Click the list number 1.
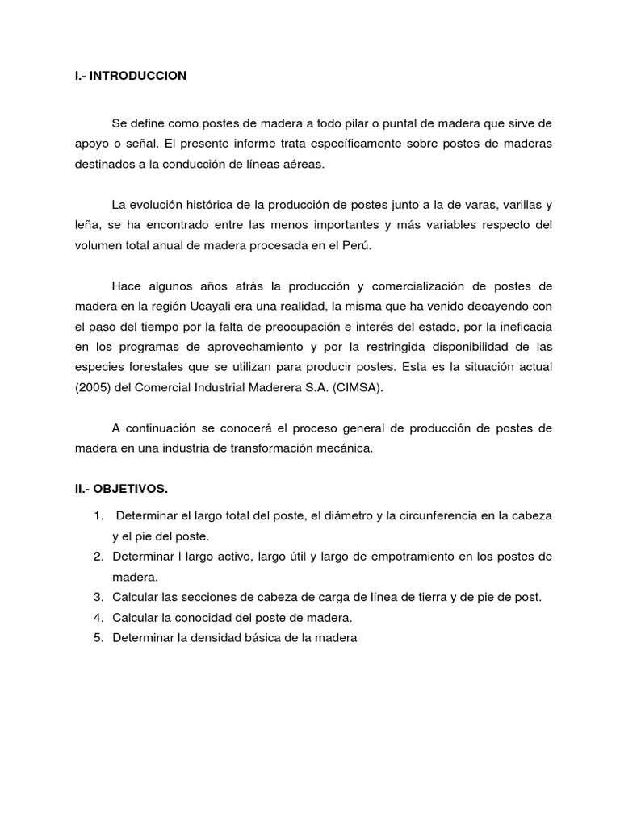[97, 515]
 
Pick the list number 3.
[97, 598]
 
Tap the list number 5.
[97, 638]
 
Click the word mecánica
[348, 450]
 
